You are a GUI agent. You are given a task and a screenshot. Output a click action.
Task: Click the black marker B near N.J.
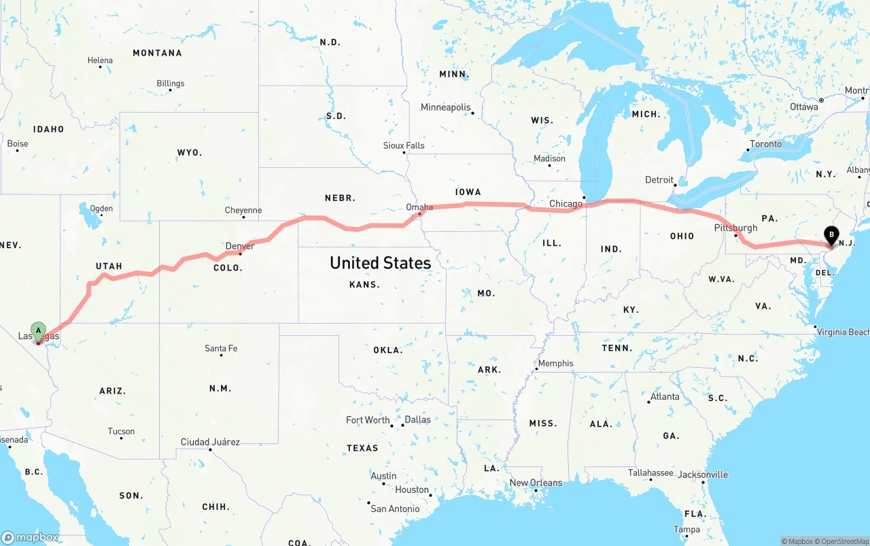[x=831, y=236]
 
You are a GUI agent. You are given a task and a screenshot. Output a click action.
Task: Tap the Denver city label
[x=240, y=245]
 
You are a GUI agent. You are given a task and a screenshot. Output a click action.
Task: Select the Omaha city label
[x=419, y=207]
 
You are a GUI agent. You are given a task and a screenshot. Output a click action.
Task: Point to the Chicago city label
[x=565, y=203]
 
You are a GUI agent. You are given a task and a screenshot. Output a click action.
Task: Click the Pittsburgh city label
[x=736, y=228]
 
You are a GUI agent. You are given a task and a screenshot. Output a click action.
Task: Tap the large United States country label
[x=380, y=262]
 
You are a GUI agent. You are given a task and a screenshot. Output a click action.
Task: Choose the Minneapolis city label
[x=445, y=107]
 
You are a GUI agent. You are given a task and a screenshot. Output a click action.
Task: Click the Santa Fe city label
[x=221, y=348]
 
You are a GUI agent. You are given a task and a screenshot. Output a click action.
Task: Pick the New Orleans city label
[x=536, y=483]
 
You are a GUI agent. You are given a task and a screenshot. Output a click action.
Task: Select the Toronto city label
[x=765, y=144]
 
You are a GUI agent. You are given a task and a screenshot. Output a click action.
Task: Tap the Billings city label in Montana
[x=170, y=84]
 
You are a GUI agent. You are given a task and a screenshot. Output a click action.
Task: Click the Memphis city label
[x=555, y=363]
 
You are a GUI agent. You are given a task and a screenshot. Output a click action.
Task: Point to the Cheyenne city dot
[x=243, y=217]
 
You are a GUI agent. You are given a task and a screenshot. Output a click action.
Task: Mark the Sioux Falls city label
[x=404, y=146]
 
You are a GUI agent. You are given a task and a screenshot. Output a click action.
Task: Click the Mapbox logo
[x=30, y=537]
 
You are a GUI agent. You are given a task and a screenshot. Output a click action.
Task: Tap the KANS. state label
[x=364, y=284]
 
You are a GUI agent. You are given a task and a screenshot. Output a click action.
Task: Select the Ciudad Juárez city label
[x=210, y=442]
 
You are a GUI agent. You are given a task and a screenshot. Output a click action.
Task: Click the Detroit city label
[x=659, y=180]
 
